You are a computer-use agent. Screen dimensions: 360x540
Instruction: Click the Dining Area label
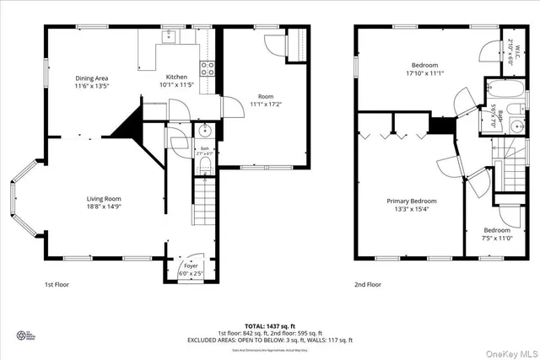click(x=91, y=78)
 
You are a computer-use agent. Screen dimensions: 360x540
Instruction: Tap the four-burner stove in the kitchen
click(x=205, y=69)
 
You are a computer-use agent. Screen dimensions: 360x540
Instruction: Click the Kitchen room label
click(x=176, y=77)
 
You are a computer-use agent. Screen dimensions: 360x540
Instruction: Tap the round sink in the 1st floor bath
click(x=205, y=131)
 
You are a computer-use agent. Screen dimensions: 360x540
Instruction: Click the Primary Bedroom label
click(x=412, y=201)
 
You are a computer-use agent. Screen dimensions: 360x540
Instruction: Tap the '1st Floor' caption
click(x=57, y=286)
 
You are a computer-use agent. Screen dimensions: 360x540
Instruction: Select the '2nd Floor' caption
click(x=367, y=286)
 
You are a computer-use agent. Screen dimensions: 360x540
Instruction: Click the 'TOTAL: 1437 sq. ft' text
click(x=269, y=325)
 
